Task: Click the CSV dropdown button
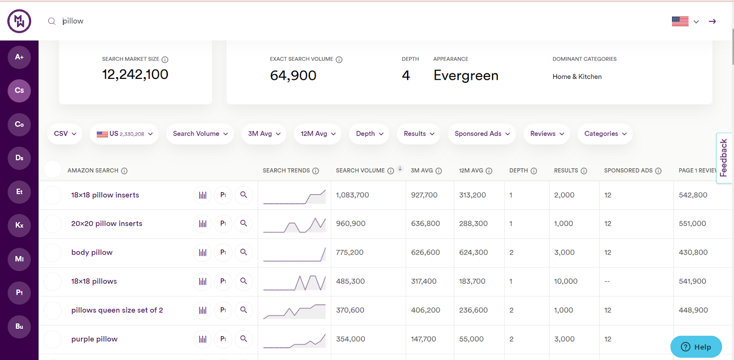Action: pyautogui.click(x=65, y=134)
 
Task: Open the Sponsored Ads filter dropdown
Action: pyautogui.click(x=482, y=134)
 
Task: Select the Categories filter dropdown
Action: pyautogui.click(x=605, y=134)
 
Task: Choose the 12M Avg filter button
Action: pyautogui.click(x=318, y=134)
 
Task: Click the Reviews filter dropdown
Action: pyautogui.click(x=547, y=134)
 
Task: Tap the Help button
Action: pyautogui.click(x=696, y=347)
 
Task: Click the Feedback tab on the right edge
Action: pyautogui.click(x=724, y=158)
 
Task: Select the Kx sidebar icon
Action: pyautogui.click(x=19, y=225)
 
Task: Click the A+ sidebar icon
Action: pyautogui.click(x=19, y=57)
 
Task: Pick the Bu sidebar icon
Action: pyautogui.click(x=19, y=326)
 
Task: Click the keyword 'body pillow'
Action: pyautogui.click(x=92, y=252)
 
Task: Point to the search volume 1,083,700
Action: pyautogui.click(x=352, y=195)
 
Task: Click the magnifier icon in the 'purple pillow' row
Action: pyautogui.click(x=244, y=339)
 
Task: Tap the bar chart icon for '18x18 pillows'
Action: pyautogui.click(x=202, y=281)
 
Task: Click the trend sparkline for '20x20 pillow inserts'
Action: pyautogui.click(x=295, y=224)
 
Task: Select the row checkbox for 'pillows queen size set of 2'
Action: pyautogui.click(x=53, y=310)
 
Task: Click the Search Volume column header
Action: pyautogui.click(x=360, y=171)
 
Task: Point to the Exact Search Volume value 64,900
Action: pyautogui.click(x=293, y=75)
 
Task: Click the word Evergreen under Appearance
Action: pyautogui.click(x=466, y=75)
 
